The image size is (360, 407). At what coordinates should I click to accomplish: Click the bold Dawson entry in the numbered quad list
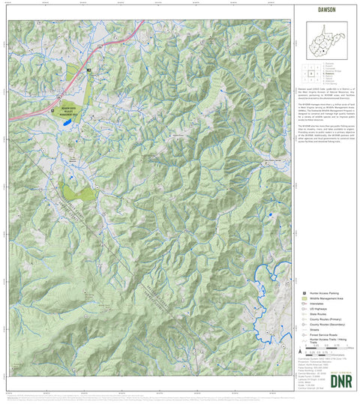coord(328,73)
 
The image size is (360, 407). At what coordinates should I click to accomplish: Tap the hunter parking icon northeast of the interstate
coord(88,70)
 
